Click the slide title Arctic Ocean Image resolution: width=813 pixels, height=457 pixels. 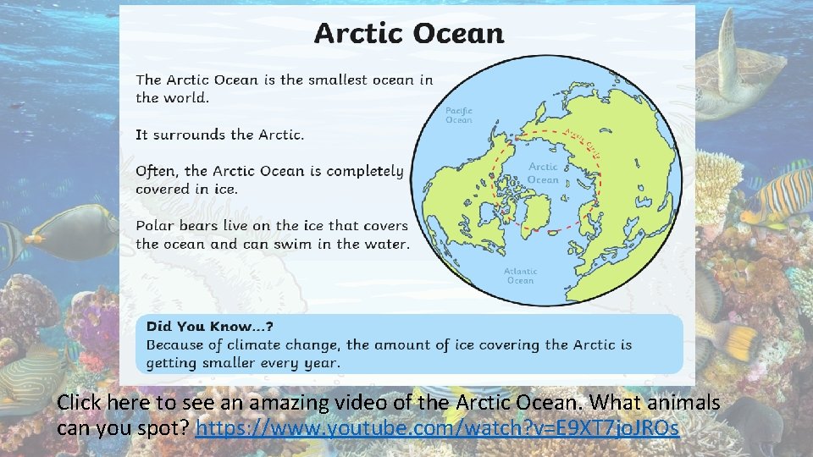(408, 34)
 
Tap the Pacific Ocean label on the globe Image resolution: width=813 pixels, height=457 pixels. (459, 115)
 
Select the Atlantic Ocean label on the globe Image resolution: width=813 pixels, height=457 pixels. (520, 276)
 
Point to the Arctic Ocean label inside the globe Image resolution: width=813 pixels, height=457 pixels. (543, 173)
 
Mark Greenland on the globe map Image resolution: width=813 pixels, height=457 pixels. (533, 212)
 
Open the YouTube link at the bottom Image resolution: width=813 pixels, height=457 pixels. (437, 429)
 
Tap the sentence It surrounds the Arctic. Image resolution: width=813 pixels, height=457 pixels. (219, 135)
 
